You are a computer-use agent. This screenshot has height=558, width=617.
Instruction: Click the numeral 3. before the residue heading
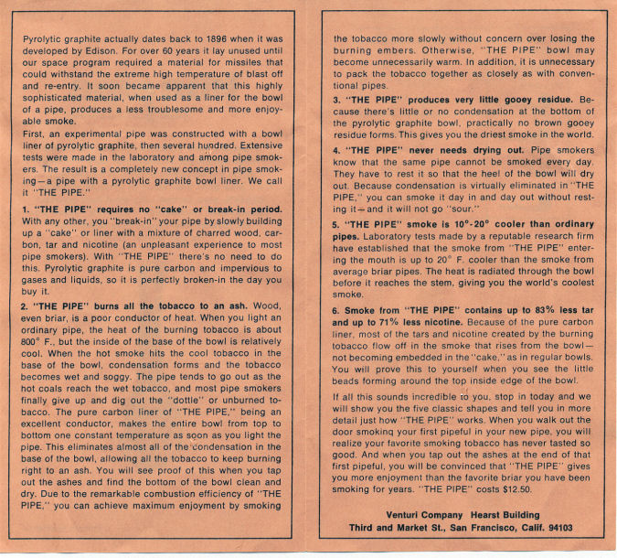tap(336, 100)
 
